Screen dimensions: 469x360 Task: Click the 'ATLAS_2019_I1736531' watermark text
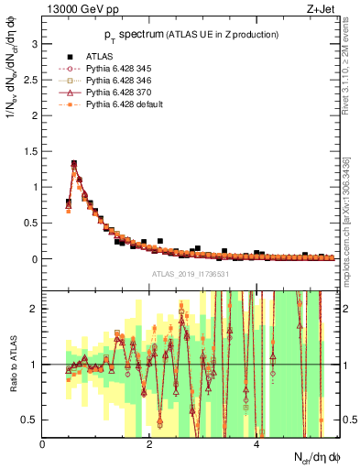(189, 273)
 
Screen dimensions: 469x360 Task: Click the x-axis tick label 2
(150, 444)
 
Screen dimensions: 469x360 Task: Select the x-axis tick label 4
(257, 444)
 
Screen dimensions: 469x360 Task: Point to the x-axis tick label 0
(43, 444)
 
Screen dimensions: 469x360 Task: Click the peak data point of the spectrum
(74, 165)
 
